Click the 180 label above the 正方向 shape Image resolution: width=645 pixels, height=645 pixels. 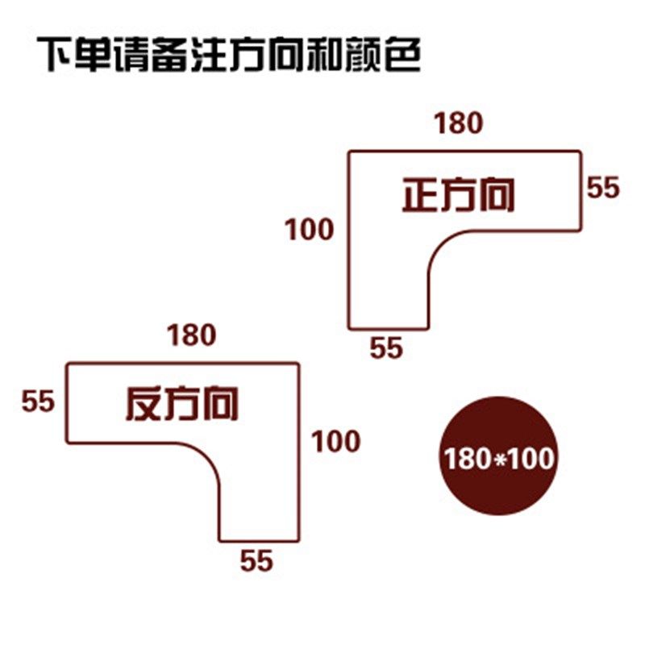pos(458,123)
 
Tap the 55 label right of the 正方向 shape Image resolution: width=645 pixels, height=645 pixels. pos(603,188)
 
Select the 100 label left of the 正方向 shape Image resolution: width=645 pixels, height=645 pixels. pos(309,230)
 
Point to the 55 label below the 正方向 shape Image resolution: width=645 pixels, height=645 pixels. pos(385,348)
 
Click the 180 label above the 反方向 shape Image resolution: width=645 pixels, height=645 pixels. pos(191,335)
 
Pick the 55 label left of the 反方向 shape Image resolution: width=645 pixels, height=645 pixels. pos(37,401)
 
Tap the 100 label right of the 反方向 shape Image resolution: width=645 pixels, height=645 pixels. pos(335,441)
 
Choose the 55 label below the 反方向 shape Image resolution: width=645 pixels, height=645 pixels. pos(256,560)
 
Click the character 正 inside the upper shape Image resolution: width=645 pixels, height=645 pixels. pos(420,196)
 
